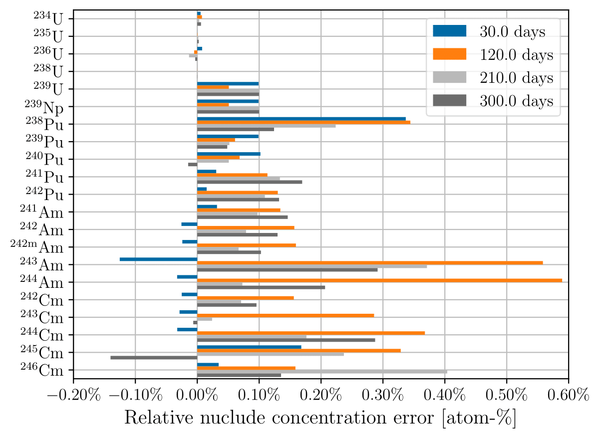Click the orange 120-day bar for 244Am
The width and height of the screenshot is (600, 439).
[379, 280]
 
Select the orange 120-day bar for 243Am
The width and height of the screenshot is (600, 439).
[370, 262]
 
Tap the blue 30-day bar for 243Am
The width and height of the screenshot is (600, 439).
[159, 259]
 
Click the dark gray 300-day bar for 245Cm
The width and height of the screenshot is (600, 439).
[154, 358]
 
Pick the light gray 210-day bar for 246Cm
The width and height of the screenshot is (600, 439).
[322, 372]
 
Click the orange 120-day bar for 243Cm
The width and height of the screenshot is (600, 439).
[286, 315]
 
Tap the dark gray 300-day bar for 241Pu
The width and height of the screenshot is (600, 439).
[250, 182]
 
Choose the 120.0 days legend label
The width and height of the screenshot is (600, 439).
[516, 55]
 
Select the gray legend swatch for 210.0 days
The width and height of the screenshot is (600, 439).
[449, 78]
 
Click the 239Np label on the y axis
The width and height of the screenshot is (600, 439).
[44, 107]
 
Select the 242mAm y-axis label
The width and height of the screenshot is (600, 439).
[37, 247]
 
